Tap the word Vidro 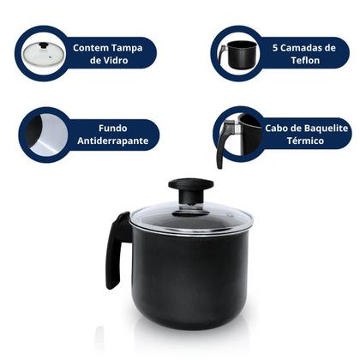[122, 62]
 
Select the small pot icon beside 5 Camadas [237, 53]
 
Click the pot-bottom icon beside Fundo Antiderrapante [43, 133]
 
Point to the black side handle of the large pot [117, 249]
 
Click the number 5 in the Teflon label [273, 48]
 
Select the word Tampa [133, 48]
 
